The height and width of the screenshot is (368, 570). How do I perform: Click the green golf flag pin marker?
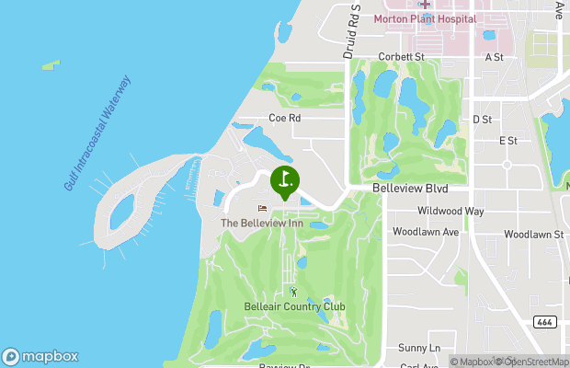285,179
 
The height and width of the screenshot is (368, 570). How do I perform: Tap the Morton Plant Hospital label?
425,18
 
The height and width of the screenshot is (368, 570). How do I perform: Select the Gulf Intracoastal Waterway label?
98,133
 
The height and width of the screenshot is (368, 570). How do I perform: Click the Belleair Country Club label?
294,306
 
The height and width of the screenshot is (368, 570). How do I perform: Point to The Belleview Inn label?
262,223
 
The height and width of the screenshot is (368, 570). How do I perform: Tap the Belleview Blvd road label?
411,188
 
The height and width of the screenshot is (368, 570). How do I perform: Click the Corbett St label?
404,56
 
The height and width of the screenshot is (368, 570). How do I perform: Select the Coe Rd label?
284,118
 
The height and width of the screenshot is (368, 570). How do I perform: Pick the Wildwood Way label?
450,211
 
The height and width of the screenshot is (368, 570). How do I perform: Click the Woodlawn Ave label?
426,232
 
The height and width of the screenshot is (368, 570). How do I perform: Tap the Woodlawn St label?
533,235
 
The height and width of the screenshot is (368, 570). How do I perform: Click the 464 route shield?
543,321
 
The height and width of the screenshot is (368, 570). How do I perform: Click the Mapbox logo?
40,356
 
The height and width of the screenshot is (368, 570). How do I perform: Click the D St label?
483,120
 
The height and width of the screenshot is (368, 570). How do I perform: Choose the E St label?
508,141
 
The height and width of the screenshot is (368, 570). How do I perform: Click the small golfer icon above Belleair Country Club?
294,292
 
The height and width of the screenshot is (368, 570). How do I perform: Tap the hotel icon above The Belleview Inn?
262,208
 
